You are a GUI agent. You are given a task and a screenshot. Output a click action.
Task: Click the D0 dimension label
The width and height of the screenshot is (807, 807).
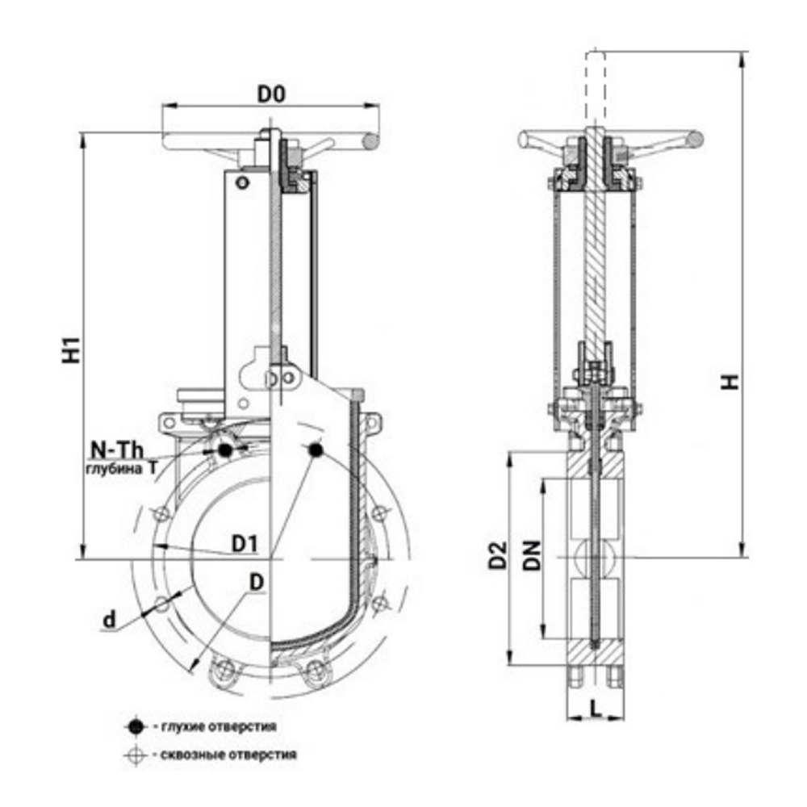271,94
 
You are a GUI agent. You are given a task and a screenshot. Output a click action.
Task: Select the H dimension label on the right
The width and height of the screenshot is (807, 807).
730,381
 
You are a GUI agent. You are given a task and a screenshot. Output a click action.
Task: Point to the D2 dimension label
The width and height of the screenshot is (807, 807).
499,556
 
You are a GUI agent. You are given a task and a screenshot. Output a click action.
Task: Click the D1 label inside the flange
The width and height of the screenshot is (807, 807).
244,545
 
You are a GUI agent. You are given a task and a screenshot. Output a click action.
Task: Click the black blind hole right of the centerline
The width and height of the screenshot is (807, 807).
315,449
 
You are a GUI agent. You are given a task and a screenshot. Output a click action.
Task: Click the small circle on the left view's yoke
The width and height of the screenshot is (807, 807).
239,183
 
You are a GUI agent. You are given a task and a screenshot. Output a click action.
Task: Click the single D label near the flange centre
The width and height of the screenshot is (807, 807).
256,581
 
